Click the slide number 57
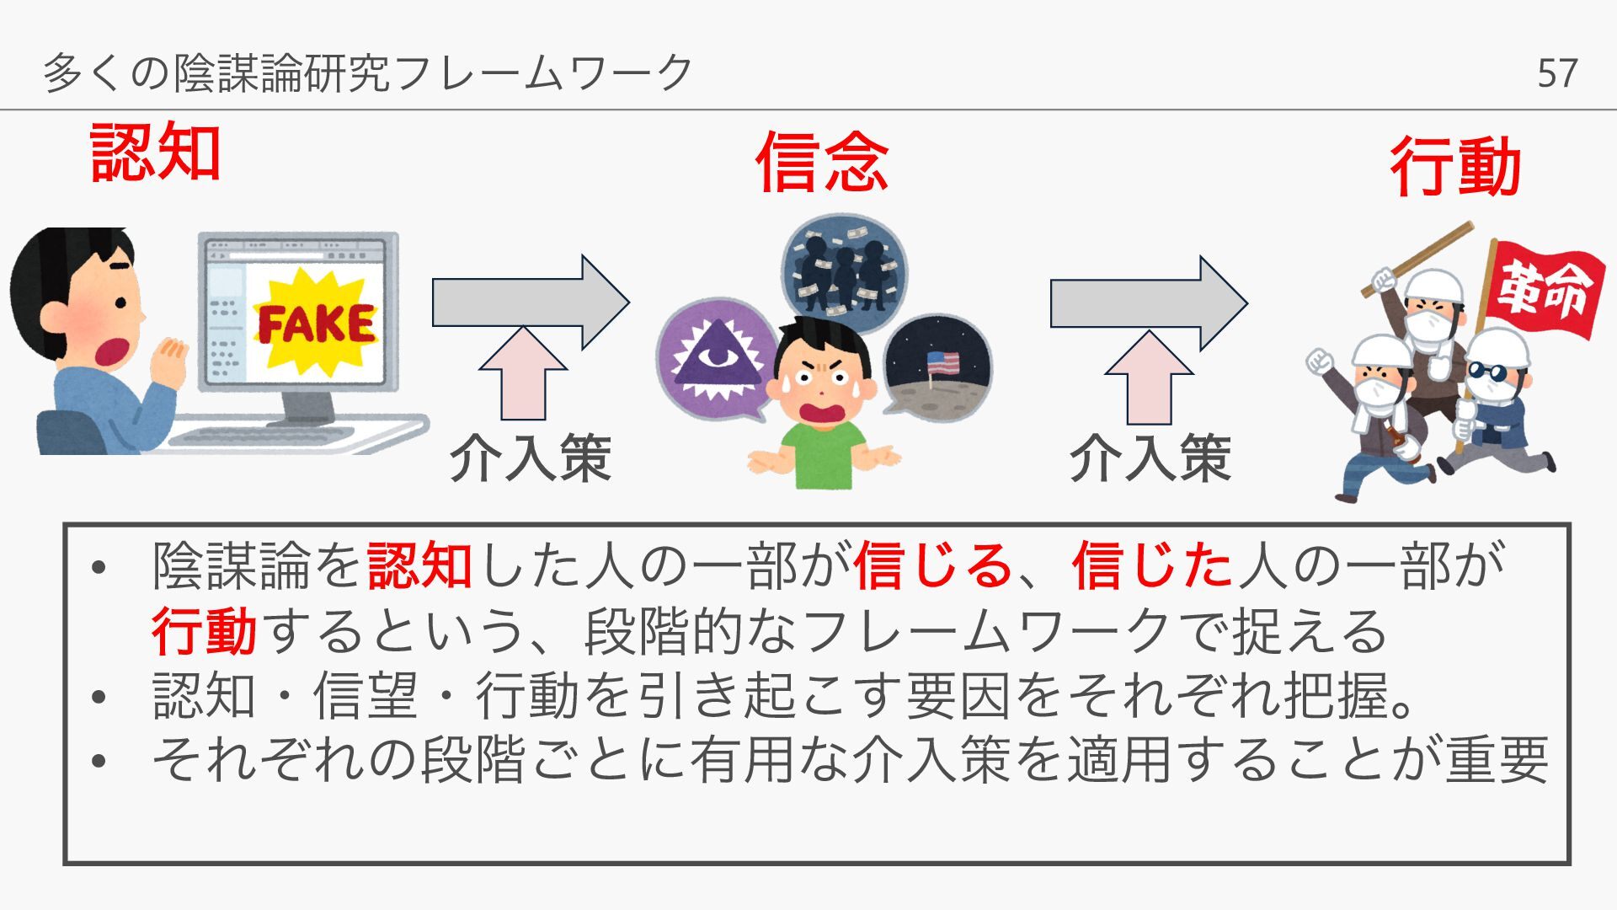pyautogui.click(x=1556, y=73)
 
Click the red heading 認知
pyautogui.click(x=155, y=153)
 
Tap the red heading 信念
pyautogui.click(x=821, y=163)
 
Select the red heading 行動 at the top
pyautogui.click(x=1454, y=167)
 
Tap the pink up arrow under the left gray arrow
pyautogui.click(x=523, y=375)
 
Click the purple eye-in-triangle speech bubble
pyautogui.click(x=716, y=359)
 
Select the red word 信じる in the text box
pyautogui.click(x=931, y=565)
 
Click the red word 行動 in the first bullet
pyautogui.click(x=204, y=631)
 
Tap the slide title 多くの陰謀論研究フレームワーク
pyautogui.click(x=367, y=72)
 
